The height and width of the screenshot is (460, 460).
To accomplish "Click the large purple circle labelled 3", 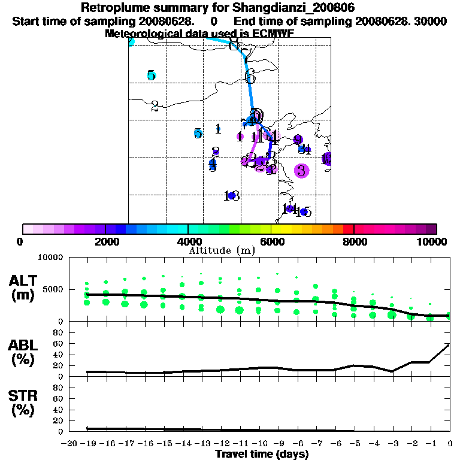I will (301, 171).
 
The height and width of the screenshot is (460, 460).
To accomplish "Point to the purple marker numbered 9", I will (298, 140).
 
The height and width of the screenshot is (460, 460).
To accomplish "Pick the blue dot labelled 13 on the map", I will (232, 196).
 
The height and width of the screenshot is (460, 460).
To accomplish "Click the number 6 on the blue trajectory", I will (250, 77).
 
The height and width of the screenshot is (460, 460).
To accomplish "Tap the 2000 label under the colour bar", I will (105, 241).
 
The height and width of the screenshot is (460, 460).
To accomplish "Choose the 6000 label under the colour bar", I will (271, 241).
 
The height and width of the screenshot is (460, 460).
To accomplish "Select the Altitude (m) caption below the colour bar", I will (222, 250).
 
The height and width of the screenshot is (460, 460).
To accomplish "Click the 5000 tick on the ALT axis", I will (55, 289).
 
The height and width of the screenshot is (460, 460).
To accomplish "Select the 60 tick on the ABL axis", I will (59, 343).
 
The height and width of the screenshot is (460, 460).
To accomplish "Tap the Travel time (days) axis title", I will (261, 454).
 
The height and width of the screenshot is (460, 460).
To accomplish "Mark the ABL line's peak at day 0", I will (449, 344).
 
